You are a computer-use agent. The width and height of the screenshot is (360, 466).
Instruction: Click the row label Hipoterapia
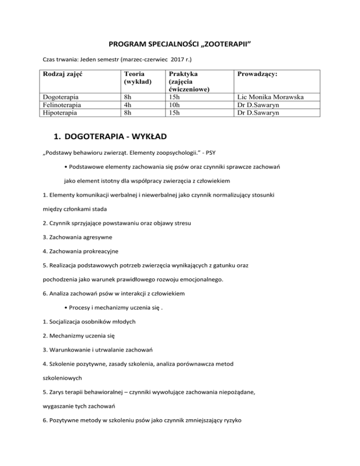(x=60, y=113)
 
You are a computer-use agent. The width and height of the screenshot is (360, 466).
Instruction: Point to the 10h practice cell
(x=175, y=105)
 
